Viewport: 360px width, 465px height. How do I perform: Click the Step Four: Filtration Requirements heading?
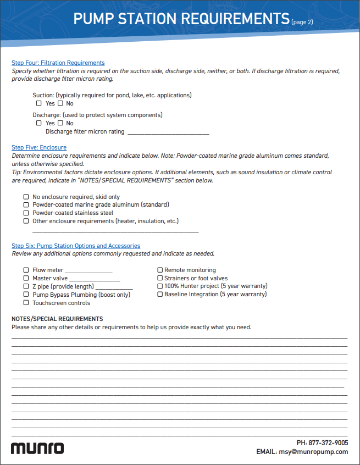click(x=58, y=63)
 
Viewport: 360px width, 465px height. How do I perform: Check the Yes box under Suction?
click(x=39, y=103)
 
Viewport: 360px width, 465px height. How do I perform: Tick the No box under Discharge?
click(x=60, y=123)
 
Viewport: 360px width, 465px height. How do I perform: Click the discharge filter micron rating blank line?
click(x=168, y=132)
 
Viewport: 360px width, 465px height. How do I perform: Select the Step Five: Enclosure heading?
click(x=39, y=147)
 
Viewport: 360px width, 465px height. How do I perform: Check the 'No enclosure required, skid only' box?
click(x=26, y=197)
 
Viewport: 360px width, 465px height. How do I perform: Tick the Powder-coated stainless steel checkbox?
click(x=26, y=213)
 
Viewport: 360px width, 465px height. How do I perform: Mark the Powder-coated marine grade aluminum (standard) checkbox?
click(x=26, y=204)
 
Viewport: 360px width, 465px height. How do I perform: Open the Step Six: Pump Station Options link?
click(x=76, y=246)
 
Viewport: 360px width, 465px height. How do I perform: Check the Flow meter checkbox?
click(x=26, y=270)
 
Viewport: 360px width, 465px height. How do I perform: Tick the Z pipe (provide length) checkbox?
click(x=26, y=286)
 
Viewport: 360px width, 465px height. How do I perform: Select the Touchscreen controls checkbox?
click(x=26, y=303)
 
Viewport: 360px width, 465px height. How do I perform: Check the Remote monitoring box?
click(x=160, y=270)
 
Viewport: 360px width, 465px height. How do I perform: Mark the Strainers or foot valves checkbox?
click(x=160, y=279)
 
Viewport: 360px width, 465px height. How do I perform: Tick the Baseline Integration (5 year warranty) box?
click(x=160, y=295)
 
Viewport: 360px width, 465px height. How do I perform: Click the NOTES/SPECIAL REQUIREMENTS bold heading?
click(x=57, y=319)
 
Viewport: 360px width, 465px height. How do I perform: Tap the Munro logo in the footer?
click(x=37, y=447)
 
